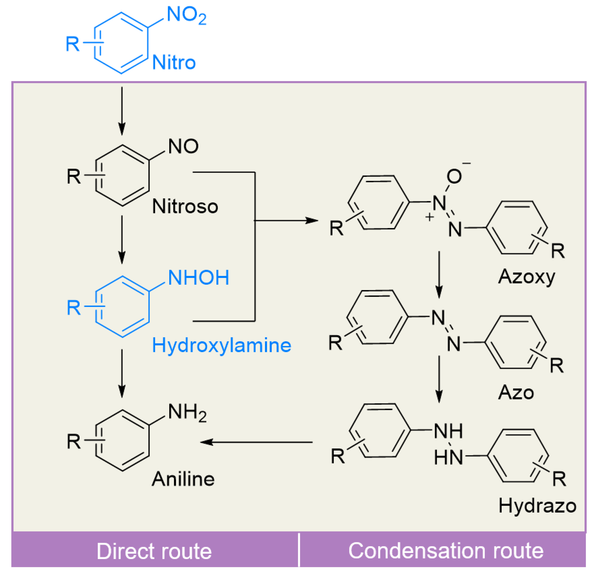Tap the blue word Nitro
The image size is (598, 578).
click(x=174, y=63)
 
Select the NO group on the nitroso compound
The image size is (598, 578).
click(x=183, y=146)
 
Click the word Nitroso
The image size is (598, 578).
click(x=185, y=207)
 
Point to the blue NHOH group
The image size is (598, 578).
click(x=198, y=278)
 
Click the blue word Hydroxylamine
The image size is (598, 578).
click(x=222, y=345)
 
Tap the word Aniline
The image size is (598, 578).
click(x=183, y=479)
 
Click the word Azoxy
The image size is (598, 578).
click(x=527, y=277)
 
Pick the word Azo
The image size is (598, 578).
click(x=516, y=392)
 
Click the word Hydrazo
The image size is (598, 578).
click(x=537, y=506)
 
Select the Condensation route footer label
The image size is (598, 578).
click(x=446, y=551)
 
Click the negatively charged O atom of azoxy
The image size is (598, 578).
click(x=454, y=176)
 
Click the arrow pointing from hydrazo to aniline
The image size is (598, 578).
click(x=256, y=442)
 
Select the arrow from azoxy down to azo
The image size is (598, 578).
click(x=439, y=275)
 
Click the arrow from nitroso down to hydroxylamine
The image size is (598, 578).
click(x=122, y=239)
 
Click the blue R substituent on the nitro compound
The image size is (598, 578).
click(x=73, y=44)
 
